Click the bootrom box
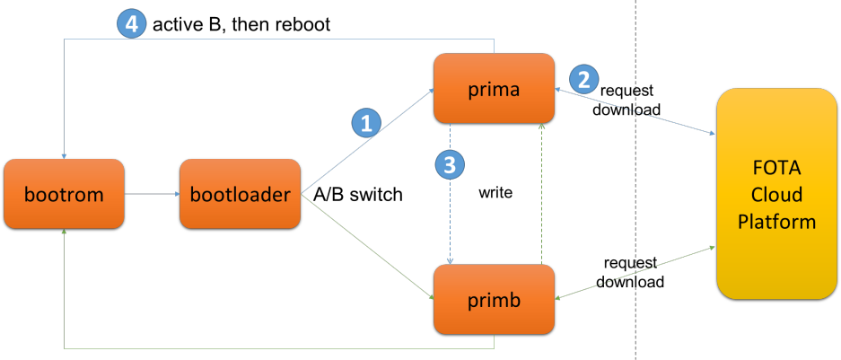63,193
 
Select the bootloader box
240,193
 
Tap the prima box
494,88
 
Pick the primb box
494,299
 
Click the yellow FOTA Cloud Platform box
776,194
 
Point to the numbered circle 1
364,123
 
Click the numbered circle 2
583,79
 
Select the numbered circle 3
449,163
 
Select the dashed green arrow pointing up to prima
541,193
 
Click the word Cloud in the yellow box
776,195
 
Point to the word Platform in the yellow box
776,221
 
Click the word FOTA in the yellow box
776,169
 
